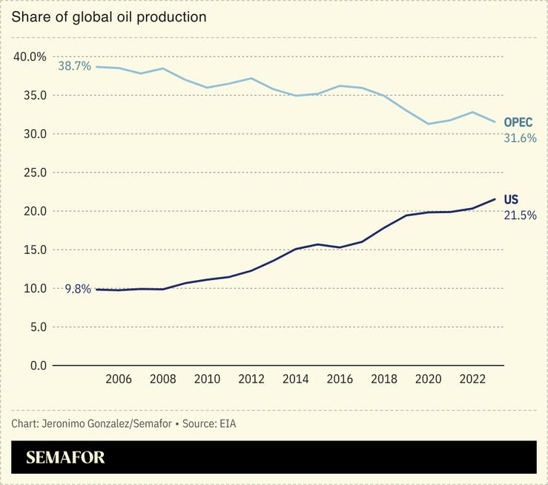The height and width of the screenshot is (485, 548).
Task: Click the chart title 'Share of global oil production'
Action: (x=109, y=16)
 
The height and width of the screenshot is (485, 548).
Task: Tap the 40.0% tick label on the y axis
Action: (x=30, y=57)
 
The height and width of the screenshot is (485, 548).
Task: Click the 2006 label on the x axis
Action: (x=119, y=380)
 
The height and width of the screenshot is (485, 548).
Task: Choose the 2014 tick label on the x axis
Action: (x=296, y=380)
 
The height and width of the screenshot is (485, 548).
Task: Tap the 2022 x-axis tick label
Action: (x=473, y=380)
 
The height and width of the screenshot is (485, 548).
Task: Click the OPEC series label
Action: (x=518, y=123)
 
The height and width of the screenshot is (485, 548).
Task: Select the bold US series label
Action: (x=511, y=200)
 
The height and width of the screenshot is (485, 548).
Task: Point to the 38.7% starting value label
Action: (x=74, y=66)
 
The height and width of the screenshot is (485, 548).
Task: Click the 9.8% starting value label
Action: (x=78, y=290)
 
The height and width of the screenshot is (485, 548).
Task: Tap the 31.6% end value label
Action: (x=520, y=138)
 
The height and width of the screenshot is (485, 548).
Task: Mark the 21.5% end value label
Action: (x=520, y=215)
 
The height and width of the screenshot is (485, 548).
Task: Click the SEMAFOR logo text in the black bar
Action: (x=65, y=458)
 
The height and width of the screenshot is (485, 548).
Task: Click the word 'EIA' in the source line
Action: (x=228, y=423)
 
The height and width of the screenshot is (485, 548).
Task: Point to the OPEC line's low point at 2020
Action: (x=429, y=124)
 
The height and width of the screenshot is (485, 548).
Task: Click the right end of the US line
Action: (x=495, y=199)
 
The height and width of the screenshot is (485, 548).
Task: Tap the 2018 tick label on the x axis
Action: (x=384, y=380)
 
